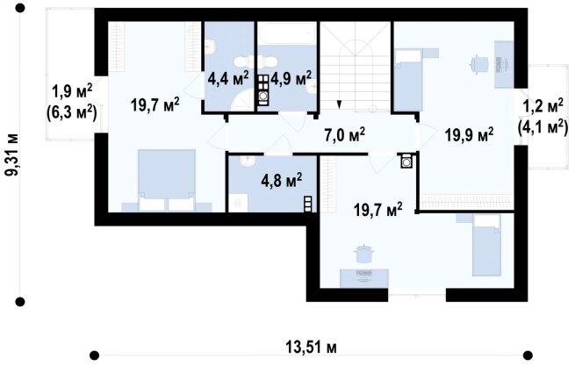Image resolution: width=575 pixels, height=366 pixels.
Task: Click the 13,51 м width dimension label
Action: coord(311,347)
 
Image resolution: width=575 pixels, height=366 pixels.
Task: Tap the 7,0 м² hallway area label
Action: coord(345,135)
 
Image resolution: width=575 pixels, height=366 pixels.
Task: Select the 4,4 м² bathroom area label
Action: coord(228,78)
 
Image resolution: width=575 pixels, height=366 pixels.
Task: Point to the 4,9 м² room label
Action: coord(291,78)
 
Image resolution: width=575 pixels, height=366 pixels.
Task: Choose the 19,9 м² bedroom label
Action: coord(469,135)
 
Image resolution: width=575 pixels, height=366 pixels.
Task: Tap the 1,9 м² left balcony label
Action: coord(72,91)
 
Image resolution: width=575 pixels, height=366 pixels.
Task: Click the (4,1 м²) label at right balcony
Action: coord(543,128)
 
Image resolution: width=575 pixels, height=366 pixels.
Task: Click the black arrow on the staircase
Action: coord(340,104)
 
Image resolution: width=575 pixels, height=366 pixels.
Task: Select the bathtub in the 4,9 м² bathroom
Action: coord(287,33)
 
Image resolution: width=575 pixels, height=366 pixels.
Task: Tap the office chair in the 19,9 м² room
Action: coord(479,65)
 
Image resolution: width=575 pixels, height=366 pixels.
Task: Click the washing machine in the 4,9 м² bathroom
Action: coord(263,96)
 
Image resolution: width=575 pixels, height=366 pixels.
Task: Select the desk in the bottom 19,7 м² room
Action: coord(364,278)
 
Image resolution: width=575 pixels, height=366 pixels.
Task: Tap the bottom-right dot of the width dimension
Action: coord(528,355)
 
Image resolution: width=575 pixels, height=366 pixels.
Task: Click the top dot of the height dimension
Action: coord(20,8)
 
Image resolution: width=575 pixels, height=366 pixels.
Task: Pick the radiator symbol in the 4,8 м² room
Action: coord(307,205)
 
